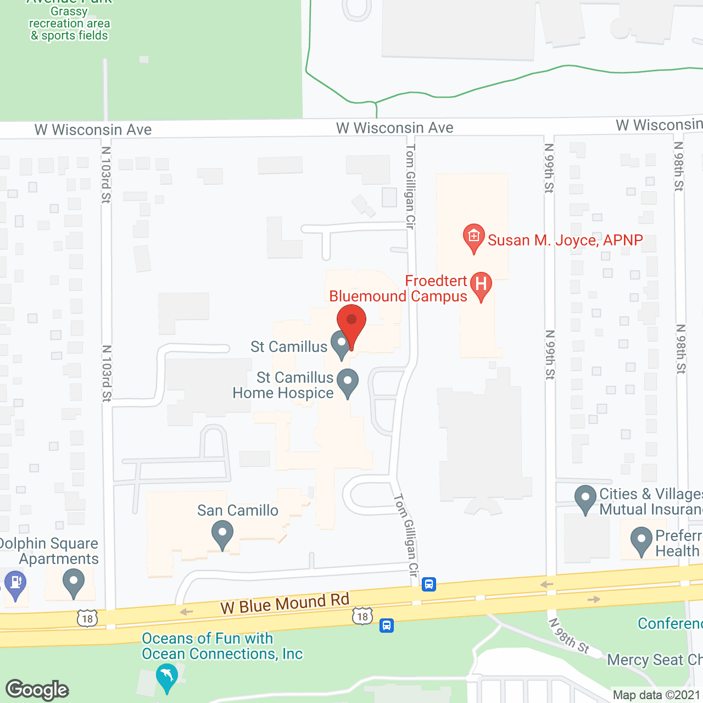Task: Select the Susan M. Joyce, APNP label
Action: click(565, 241)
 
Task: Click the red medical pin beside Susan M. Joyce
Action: click(473, 237)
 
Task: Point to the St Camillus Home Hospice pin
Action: click(347, 383)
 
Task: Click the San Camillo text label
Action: click(238, 511)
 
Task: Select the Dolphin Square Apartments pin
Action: click(73, 582)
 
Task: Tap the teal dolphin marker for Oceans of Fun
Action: click(167, 677)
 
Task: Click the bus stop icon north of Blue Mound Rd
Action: click(429, 584)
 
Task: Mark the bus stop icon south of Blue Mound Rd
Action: click(387, 625)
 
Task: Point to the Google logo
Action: click(37, 690)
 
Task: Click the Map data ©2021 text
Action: click(656, 695)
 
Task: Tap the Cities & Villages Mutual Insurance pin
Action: click(585, 498)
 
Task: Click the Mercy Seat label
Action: click(654, 660)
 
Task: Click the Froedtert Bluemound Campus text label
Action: click(398, 289)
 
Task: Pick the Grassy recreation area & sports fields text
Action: click(70, 24)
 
